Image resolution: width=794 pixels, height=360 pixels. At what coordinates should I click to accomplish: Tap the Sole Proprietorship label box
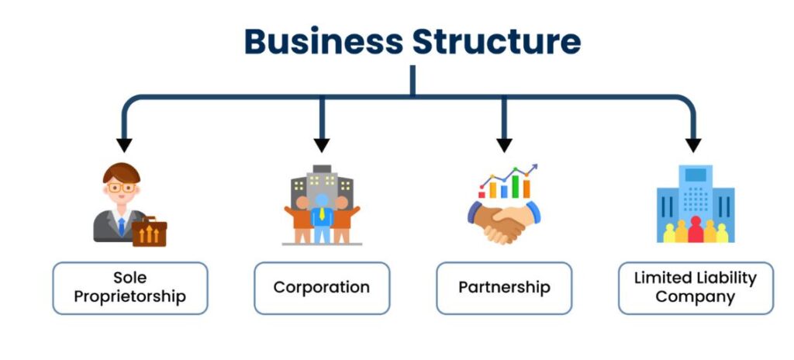point(130,288)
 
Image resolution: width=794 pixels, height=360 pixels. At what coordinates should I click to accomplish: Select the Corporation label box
point(322,288)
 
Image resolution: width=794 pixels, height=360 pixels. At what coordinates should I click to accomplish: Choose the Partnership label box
point(504,288)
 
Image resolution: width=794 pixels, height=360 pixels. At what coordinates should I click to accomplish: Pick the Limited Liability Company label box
point(696,288)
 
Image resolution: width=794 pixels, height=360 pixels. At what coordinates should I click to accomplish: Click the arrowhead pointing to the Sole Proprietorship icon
point(123,145)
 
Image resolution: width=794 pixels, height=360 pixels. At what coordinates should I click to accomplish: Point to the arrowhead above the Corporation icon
point(322,145)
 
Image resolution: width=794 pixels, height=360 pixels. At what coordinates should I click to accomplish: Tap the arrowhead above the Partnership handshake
point(504,145)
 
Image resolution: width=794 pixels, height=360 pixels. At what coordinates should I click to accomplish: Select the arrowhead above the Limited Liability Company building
point(693,145)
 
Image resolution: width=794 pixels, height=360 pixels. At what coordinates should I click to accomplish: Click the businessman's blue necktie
point(121,225)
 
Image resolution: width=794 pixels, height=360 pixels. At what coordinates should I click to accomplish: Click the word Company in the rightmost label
point(696,297)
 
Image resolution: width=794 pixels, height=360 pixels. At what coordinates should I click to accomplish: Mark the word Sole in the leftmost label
point(129,278)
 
